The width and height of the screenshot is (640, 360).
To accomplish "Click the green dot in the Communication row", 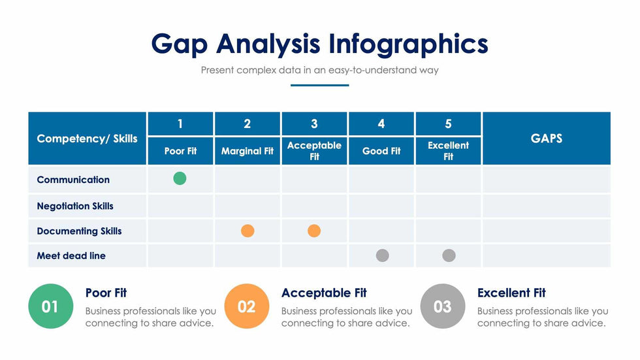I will coord(180,178).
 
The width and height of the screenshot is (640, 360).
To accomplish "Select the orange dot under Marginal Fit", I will coord(248,231).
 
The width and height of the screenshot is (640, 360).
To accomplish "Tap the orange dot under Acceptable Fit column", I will coord(314,231).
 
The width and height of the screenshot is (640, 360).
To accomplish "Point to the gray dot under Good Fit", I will coord(383,255).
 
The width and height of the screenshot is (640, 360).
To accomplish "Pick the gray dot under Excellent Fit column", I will coord(449,255).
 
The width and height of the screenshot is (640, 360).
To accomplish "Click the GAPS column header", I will coord(547,138).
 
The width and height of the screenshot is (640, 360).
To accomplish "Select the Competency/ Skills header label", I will coord(87,138).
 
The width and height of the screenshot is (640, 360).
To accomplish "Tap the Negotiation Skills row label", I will coord(75,206).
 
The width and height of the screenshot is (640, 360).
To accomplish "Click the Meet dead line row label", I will coord(71,255).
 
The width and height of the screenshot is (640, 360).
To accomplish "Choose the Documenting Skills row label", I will coord(79,231).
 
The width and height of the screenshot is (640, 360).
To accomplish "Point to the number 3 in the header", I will coord(314,123).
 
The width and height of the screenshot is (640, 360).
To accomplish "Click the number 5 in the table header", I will coord(448,123).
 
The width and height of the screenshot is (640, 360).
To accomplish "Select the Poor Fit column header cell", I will coord(180,151).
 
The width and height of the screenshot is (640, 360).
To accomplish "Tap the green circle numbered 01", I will coord(50,306).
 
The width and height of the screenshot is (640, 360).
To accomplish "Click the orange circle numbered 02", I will coord(247,306).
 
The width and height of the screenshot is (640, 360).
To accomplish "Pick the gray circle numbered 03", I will coord(443,306).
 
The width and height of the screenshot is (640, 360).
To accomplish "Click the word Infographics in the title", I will coord(408,44).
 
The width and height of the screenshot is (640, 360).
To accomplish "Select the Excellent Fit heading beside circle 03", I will coord(511,293).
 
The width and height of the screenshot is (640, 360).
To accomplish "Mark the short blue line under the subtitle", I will coord(320,85).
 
